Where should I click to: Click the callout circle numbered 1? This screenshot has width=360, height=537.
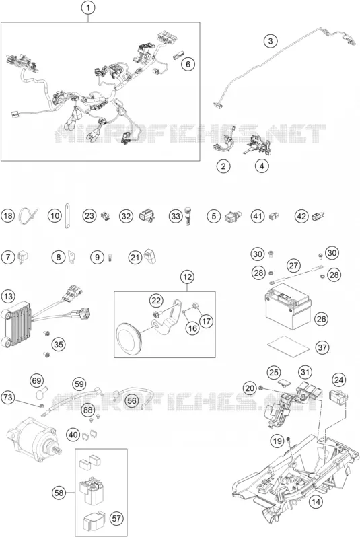pyautogui.click(x=88, y=8)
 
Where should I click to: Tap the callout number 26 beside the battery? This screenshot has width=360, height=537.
pyautogui.click(x=321, y=319)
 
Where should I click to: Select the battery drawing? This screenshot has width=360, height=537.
pyautogui.click(x=289, y=306)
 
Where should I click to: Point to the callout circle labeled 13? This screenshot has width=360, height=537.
pyautogui.click(x=8, y=296)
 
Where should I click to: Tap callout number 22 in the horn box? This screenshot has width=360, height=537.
pyautogui.click(x=156, y=301)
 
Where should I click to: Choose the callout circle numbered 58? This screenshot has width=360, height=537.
pyautogui.click(x=59, y=493)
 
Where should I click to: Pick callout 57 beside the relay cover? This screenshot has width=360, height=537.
pyautogui.click(x=117, y=518)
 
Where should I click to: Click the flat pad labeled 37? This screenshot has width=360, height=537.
pyautogui.click(x=289, y=345)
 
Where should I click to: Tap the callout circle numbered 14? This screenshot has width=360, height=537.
pyautogui.click(x=316, y=502)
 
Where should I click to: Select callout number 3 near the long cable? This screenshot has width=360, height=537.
pyautogui.click(x=271, y=41)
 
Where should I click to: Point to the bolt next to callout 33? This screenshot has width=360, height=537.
pyautogui.click(x=186, y=216)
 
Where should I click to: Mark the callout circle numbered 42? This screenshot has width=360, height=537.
pyautogui.click(x=301, y=216)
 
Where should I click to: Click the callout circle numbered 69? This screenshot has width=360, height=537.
pyautogui.click(x=36, y=380)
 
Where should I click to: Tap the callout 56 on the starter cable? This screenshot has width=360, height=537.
pyautogui.click(x=132, y=400)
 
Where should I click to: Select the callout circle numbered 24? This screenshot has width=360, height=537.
pyautogui.click(x=338, y=380)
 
